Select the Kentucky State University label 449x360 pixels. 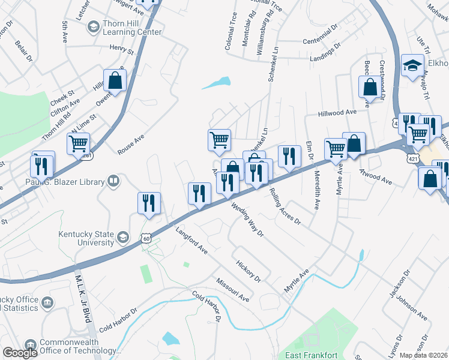(86, 238)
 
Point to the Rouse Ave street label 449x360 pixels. (130, 145)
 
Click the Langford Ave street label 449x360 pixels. (191, 241)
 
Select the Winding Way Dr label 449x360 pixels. (247, 220)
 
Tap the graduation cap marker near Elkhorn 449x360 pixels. (412, 67)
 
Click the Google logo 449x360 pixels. (19, 353)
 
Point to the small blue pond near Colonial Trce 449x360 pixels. (217, 83)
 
